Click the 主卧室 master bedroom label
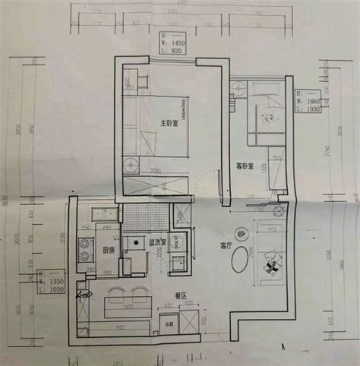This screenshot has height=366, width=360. click(169, 123)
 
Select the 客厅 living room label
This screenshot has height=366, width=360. click(226, 245)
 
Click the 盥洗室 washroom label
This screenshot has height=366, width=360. click(158, 243)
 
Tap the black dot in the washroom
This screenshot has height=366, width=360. click(137, 242)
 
